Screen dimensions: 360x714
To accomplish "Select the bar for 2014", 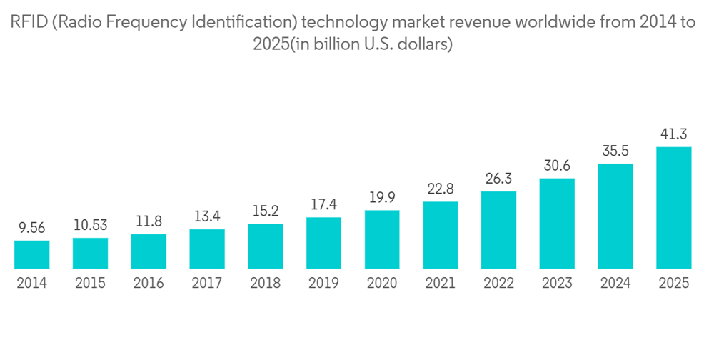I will [x=32, y=254].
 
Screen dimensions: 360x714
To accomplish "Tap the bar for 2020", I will [x=382, y=239].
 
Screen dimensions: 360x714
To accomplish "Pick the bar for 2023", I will [x=557, y=223].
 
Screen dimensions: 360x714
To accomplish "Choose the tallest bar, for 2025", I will [x=674, y=208].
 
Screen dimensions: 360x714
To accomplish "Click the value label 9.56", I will [x=32, y=229].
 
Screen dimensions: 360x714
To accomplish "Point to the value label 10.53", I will [x=90, y=226].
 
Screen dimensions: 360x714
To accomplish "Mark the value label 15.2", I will [x=266, y=212].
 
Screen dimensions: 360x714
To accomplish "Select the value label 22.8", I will [x=441, y=189].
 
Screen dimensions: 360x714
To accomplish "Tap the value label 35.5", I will [x=615, y=151].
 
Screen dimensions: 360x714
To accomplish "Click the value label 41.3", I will [x=674, y=134].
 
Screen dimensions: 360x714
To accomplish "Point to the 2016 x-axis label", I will [x=149, y=283].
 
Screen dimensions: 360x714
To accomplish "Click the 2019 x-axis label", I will [x=323, y=283].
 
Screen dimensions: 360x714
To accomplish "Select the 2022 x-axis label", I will [x=498, y=283].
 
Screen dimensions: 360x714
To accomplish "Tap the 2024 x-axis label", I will [x=615, y=283].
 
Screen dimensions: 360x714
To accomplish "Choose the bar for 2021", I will [x=441, y=235].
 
